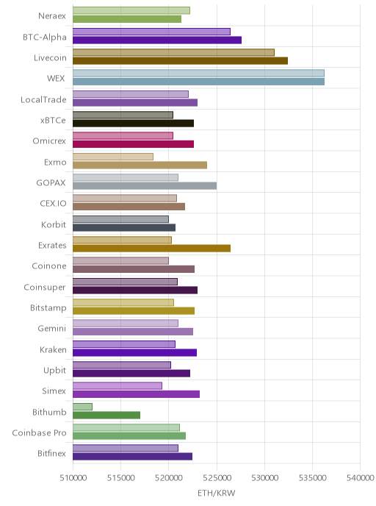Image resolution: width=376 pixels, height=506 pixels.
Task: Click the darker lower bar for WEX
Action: click(x=198, y=82)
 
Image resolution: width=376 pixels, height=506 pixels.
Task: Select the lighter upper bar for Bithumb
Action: click(x=82, y=407)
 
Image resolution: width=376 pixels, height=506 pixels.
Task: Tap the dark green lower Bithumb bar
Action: click(x=106, y=415)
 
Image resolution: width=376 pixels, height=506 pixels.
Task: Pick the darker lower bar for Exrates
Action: click(x=151, y=248)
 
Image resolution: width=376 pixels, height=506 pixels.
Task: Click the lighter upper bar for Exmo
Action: click(x=113, y=157)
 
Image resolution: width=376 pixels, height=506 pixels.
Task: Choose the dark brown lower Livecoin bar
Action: click(x=180, y=60)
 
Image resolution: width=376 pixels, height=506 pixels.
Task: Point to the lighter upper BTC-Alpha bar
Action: click(x=151, y=32)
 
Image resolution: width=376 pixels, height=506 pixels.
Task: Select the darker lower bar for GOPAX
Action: click(x=145, y=186)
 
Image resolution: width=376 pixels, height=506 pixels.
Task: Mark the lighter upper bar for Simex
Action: click(x=117, y=385)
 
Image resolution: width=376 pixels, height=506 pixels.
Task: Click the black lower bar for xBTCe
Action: click(x=134, y=124)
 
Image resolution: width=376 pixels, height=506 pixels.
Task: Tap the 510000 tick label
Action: click(x=73, y=477)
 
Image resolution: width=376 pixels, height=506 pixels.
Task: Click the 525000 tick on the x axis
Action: click(x=217, y=477)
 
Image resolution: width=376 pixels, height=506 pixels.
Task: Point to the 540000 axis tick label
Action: click(x=361, y=477)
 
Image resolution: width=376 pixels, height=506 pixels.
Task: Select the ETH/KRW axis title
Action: click(x=217, y=493)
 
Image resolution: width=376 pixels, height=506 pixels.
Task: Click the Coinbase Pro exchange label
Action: click(x=39, y=432)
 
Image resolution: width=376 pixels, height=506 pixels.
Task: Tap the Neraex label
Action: click(x=52, y=16)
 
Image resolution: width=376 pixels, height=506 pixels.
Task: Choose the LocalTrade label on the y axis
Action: click(x=43, y=99)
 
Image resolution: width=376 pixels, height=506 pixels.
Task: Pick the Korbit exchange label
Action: click(x=54, y=224)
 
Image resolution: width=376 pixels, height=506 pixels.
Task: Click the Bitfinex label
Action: click(x=51, y=453)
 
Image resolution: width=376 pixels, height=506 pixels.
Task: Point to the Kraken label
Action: click(x=53, y=349)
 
